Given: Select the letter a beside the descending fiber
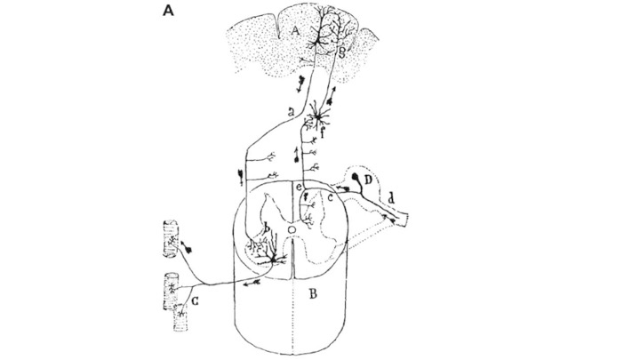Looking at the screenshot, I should [x=292, y=109].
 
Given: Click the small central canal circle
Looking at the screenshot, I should [x=292, y=229].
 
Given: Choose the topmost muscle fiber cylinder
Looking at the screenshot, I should [x=170, y=236].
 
